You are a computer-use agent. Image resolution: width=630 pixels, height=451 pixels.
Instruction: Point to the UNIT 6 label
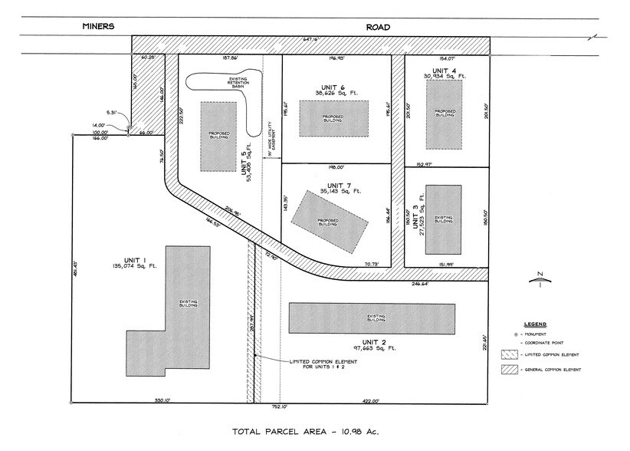click(x=336, y=87)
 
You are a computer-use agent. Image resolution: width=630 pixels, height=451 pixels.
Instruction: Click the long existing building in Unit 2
click(x=370, y=317)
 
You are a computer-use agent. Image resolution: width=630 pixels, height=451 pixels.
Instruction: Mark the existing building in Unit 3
click(x=443, y=219)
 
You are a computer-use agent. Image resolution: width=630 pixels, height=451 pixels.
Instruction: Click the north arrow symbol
click(x=540, y=278)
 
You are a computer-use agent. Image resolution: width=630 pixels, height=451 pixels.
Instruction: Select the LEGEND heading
click(x=525, y=324)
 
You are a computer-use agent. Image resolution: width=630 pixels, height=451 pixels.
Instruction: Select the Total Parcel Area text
click(x=304, y=432)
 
